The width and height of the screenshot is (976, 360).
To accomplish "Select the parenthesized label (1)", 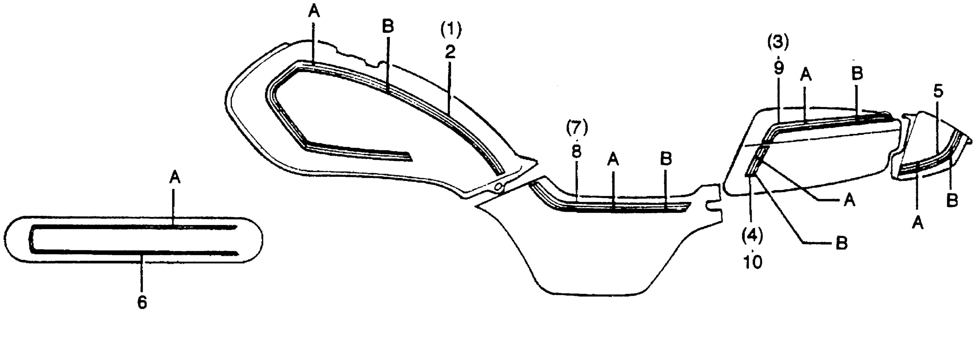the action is (451, 30).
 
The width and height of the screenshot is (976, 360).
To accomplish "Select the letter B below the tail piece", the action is (952, 200).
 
